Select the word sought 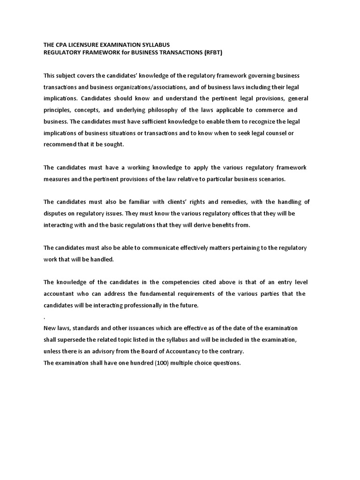pyautogui.click(x=115, y=144)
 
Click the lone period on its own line pyautogui.click(x=45, y=317)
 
